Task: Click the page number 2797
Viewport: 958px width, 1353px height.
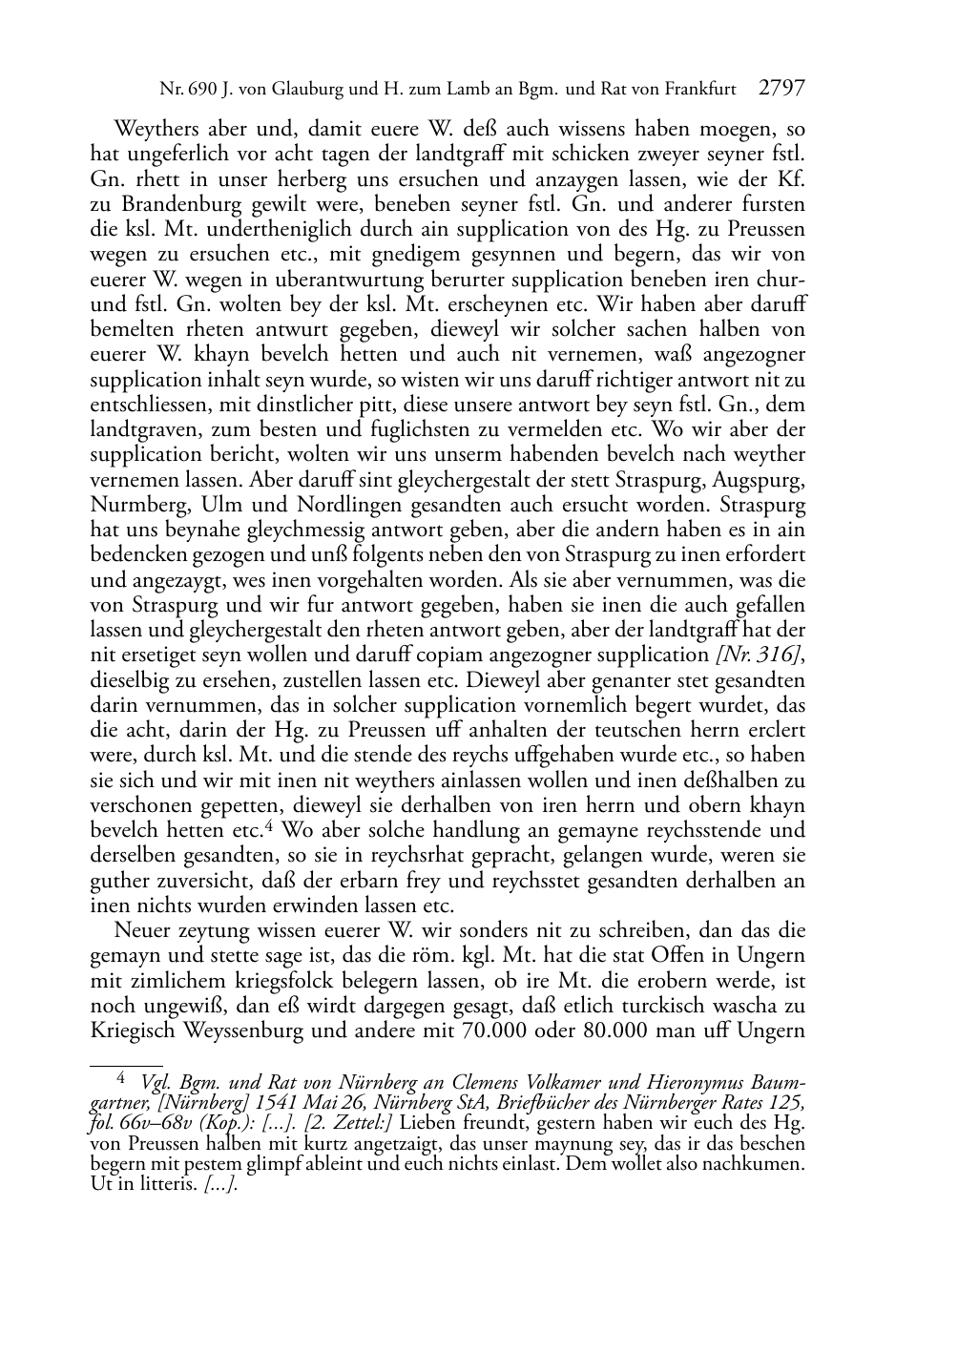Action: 782,89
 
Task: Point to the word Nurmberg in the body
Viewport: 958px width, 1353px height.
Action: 132,505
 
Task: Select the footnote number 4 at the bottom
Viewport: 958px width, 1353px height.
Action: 120,1079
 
